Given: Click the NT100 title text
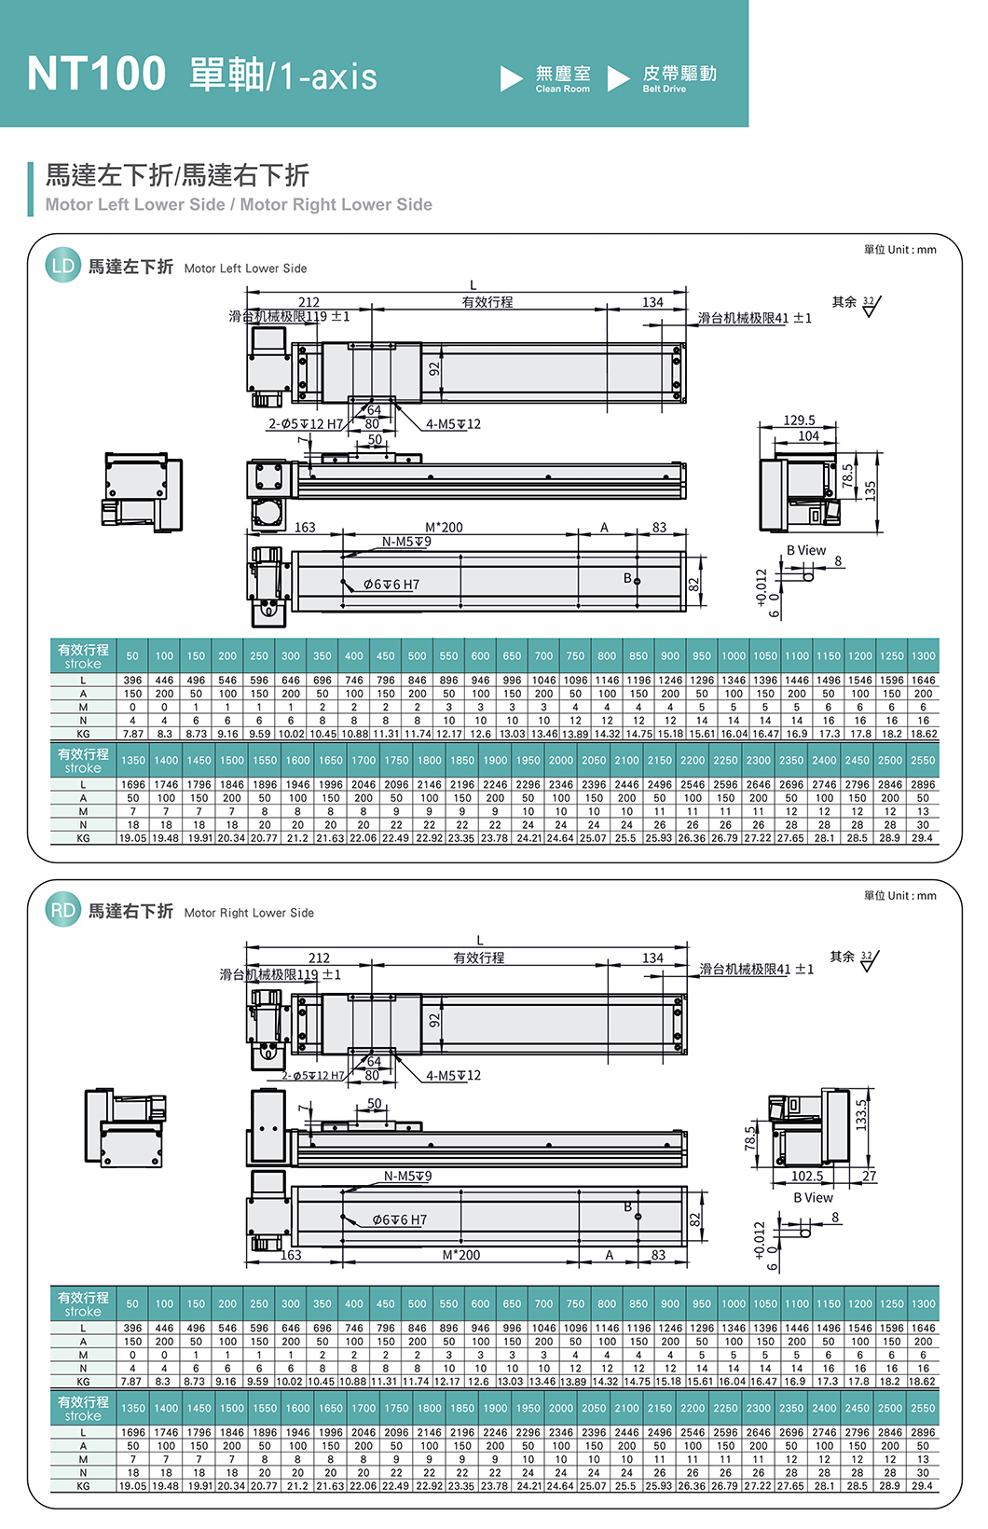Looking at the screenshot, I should [97, 74].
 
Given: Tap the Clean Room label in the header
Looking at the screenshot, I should [562, 78].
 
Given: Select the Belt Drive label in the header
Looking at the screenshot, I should [679, 78].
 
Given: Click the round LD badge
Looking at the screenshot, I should [62, 266].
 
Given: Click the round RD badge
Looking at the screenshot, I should [62, 910].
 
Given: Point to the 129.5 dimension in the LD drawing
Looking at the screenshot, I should [799, 420].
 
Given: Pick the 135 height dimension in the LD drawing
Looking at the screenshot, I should [871, 489].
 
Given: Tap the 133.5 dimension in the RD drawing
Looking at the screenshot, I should [861, 1114].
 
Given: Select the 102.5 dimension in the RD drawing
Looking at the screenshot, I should [807, 1177].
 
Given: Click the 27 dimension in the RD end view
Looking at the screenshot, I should [869, 1177].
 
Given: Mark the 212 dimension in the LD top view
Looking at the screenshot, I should [309, 302].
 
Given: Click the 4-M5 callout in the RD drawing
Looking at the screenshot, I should [454, 1075].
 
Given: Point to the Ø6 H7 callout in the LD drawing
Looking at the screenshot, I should [391, 585].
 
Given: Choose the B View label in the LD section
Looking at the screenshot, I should [806, 550].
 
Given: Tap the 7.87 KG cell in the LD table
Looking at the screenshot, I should [132, 734].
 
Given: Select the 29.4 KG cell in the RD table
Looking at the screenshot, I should [923, 1486].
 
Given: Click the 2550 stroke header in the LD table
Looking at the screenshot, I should [923, 760].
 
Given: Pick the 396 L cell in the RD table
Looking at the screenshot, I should [132, 1329].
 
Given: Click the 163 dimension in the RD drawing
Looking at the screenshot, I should [292, 1255].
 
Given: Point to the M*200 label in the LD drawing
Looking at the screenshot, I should [444, 528].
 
